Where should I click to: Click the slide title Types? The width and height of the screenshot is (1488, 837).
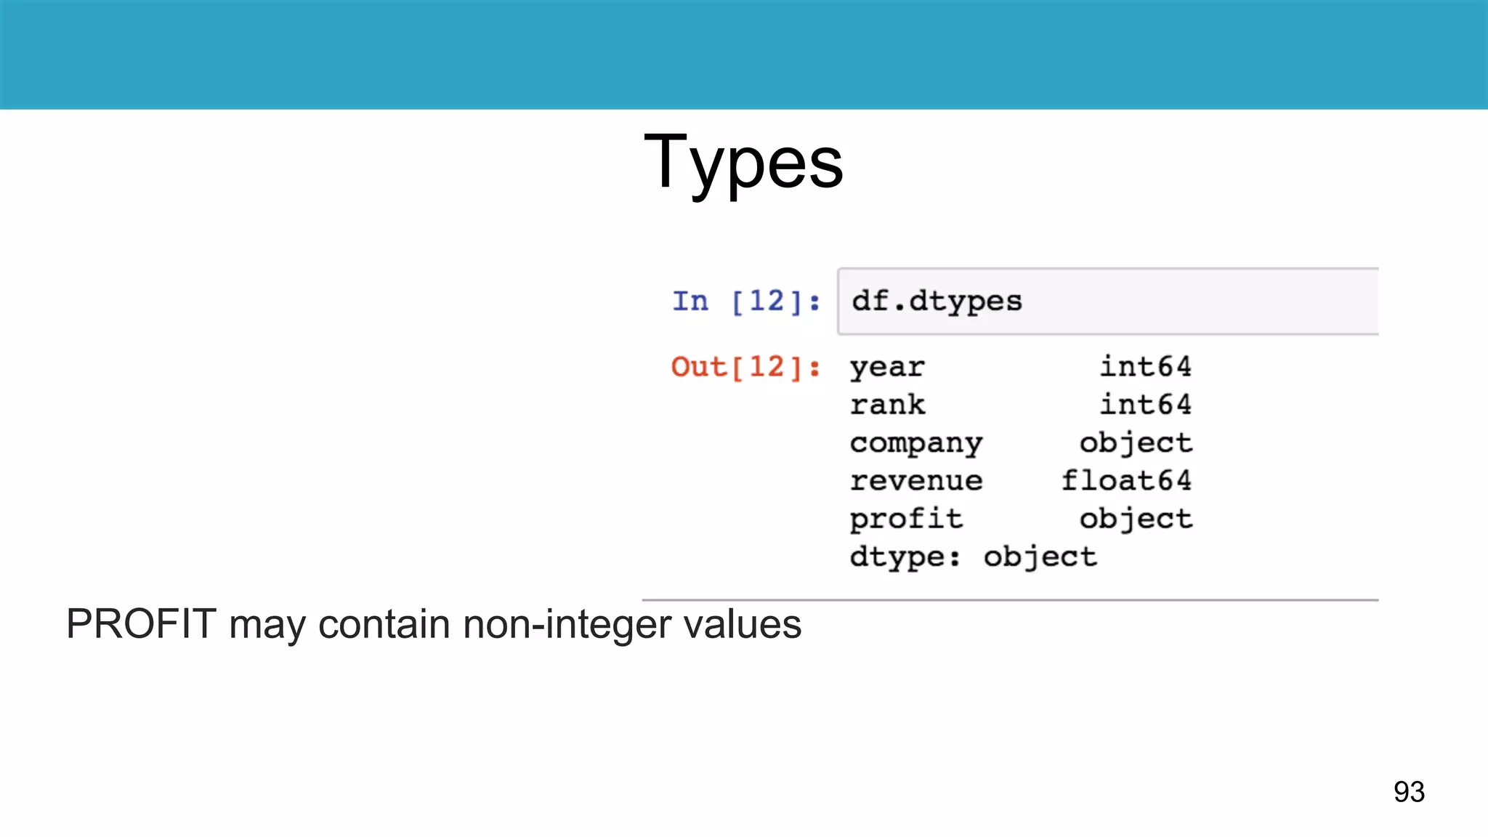click(743, 161)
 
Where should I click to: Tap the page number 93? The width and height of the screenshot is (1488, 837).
click(1409, 791)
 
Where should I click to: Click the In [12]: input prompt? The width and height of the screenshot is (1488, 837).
click(746, 301)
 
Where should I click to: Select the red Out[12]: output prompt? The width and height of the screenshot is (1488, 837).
click(745, 367)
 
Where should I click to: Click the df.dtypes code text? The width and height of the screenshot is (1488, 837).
click(937, 301)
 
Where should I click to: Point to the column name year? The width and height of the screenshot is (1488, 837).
click(887, 367)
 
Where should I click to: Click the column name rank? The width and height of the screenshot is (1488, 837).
click(887, 405)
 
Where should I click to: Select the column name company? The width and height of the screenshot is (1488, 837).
click(916, 443)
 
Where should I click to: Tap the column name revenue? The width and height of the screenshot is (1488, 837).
click(916, 481)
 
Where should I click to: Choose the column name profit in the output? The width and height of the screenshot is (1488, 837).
click(906, 519)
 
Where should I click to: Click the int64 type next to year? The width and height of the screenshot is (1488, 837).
click(1145, 367)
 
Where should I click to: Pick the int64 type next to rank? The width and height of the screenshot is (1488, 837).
click(1145, 405)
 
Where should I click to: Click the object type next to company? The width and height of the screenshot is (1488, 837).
click(1136, 443)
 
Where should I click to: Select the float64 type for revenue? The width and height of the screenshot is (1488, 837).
click(1126, 481)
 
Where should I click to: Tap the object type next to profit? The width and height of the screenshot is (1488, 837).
click(1136, 519)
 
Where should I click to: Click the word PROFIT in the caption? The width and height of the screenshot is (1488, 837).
click(141, 623)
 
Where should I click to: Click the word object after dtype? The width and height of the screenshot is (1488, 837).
click(1040, 557)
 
